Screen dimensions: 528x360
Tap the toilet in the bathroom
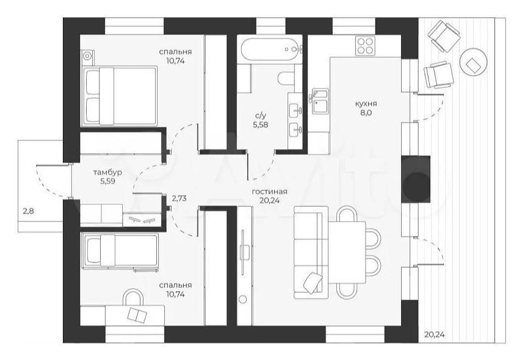coord(286,79)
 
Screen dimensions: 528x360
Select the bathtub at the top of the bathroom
coord(269,49)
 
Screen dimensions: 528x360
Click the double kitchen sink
coord(320,101)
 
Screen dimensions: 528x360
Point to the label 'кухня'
coord(366,104)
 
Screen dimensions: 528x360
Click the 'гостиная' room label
coord(269,192)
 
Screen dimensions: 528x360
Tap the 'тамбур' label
coord(107,173)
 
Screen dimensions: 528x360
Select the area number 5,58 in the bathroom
coord(260,125)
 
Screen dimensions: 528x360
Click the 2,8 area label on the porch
coord(28,212)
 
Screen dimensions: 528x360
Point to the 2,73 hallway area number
coord(179,198)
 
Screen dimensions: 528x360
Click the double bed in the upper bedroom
coord(120,96)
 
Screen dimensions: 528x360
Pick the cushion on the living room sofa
coord(313,282)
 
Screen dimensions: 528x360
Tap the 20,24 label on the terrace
coord(434,335)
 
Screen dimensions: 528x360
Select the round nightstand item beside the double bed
coord(88,55)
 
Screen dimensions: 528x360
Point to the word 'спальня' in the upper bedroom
coord(175,52)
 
